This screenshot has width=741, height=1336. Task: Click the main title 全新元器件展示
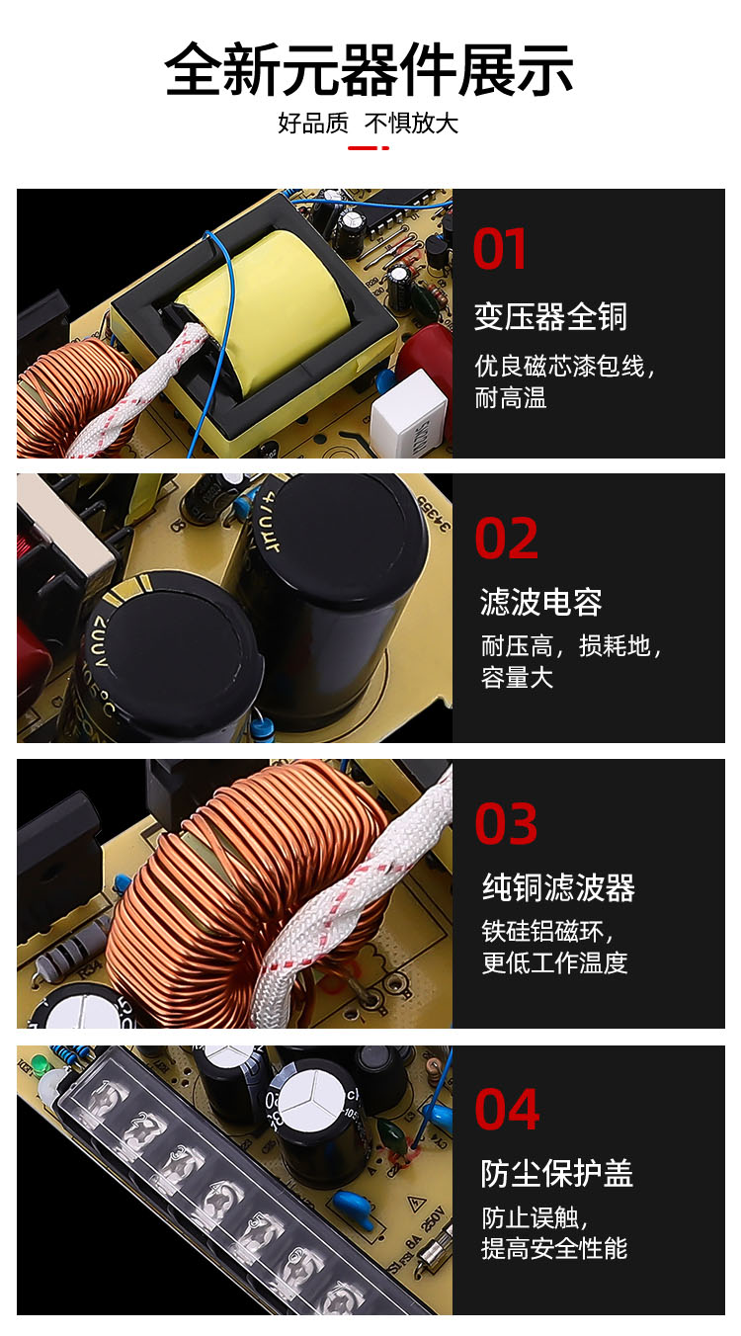[369, 69]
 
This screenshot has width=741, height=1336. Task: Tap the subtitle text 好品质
[313, 124]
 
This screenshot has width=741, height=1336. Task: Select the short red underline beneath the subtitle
[369, 148]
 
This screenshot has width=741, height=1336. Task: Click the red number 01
[500, 249]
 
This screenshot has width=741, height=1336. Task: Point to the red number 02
[507, 539]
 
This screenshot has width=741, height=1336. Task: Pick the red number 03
[506, 824]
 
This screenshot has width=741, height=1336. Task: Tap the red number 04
[507, 1110]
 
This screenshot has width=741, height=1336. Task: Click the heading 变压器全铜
[550, 316]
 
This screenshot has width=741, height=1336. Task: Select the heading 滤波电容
[541, 602]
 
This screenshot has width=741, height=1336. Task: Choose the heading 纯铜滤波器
[558, 887]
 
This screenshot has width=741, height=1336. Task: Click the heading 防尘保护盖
[557, 1173]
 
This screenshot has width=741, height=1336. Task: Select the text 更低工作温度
[554, 962]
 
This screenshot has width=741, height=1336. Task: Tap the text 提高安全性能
[554, 1248]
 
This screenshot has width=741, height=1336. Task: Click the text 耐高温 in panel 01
[511, 398]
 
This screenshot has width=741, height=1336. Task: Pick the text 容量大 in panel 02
[518, 678]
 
